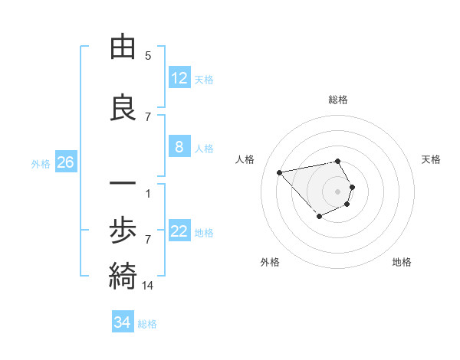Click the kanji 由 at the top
[x=123, y=47]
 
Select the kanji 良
[x=123, y=109]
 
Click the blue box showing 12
[x=179, y=78]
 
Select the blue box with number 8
[x=179, y=147]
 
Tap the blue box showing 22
[x=179, y=232]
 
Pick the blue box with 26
[x=65, y=162]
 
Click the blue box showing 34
[x=123, y=322]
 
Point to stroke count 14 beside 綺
[x=148, y=286]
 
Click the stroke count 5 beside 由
[x=148, y=55]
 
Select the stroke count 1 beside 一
[x=148, y=193]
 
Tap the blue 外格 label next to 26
[x=41, y=163]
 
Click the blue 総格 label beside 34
[x=147, y=323]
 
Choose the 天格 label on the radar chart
[x=431, y=159]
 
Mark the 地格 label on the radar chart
[x=402, y=262]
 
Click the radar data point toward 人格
[x=280, y=172]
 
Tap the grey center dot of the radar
[x=338, y=191]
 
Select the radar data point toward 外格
[x=319, y=218]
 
